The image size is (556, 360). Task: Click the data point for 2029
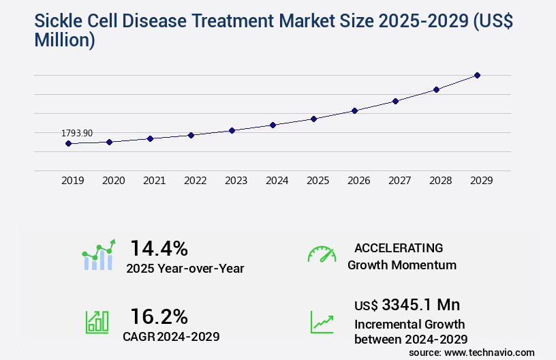pos(477,75)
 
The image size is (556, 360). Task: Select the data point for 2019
pos(68,143)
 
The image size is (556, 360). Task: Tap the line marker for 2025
pos(313,119)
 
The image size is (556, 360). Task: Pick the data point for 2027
pos(395,101)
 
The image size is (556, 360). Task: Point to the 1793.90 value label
pos(77,133)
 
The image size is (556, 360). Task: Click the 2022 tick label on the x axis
pos(196,181)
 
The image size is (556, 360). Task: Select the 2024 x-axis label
pos(277,181)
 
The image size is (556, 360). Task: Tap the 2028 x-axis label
pos(441,181)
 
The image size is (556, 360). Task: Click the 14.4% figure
pos(159,247)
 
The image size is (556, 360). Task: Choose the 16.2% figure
pos(159,316)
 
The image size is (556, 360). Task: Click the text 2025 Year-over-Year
pos(185,269)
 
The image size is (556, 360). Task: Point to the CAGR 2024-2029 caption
pos(171,336)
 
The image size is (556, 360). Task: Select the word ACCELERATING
pos(399,247)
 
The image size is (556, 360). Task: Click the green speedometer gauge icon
pos(322,254)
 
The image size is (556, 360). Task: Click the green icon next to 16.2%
pos(97,322)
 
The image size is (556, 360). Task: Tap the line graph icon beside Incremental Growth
pos(322,322)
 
